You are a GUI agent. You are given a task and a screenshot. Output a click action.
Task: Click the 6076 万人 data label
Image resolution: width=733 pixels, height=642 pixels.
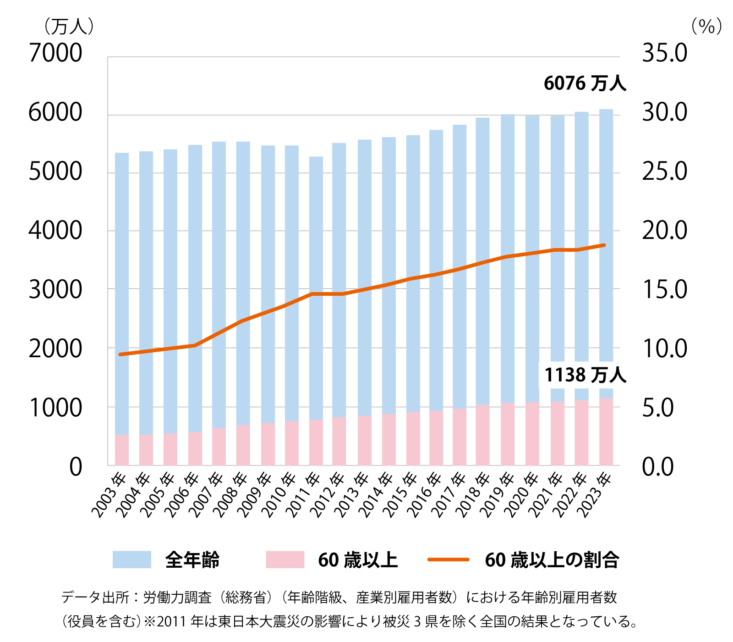pyautogui.click(x=585, y=83)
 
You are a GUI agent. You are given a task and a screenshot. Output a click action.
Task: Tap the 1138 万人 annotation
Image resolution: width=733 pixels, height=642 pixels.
pyautogui.click(x=585, y=375)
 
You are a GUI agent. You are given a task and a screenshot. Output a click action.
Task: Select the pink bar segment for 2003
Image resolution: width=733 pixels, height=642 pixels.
pyautogui.click(x=121, y=449)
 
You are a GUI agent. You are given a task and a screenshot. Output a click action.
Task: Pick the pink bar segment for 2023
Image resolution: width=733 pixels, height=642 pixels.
pyautogui.click(x=606, y=431)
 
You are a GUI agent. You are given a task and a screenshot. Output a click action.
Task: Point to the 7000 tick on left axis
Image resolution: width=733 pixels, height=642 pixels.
pyautogui.click(x=55, y=53)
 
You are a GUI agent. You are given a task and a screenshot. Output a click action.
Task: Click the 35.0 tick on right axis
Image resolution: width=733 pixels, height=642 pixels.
pyautogui.click(x=664, y=53)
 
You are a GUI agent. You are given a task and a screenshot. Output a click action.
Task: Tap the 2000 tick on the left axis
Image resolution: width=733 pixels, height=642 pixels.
pyautogui.click(x=55, y=349)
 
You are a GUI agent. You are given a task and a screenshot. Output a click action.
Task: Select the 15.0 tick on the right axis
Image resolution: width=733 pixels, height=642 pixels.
pyautogui.click(x=664, y=290)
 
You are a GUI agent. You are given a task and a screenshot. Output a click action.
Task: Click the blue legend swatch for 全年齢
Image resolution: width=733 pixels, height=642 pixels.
pyautogui.click(x=132, y=559)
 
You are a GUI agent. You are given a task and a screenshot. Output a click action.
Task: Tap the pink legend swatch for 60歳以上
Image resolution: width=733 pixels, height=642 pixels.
pyautogui.click(x=285, y=559)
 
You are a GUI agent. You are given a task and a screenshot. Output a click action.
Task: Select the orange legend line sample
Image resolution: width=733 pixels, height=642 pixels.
pyautogui.click(x=448, y=559)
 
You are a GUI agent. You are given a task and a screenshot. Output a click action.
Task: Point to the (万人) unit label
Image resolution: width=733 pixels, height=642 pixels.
pyautogui.click(x=69, y=27)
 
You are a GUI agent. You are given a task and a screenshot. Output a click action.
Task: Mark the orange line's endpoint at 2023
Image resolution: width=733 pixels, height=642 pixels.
pyautogui.click(x=605, y=245)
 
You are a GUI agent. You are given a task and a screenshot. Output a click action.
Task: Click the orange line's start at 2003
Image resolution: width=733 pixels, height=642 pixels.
pyautogui.click(x=120, y=354)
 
